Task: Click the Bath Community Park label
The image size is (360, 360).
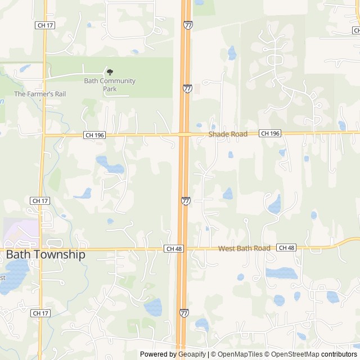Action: [x=110, y=84]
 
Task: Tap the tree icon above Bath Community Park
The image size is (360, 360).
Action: [x=110, y=72]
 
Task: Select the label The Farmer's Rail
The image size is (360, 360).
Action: [x=40, y=94]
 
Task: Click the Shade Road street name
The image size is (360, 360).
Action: [x=228, y=134]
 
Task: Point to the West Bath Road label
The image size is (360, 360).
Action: [x=244, y=248]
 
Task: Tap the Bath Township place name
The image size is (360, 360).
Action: [x=46, y=254]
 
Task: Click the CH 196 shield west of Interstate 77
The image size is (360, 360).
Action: [x=94, y=135]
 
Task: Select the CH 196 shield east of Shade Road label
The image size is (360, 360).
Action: [x=270, y=133]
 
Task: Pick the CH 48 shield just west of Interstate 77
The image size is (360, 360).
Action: [x=174, y=248]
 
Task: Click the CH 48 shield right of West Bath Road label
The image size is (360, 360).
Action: [x=286, y=247]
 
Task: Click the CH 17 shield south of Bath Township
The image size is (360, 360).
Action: [x=40, y=313]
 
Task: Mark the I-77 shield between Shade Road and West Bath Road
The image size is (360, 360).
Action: [x=186, y=200]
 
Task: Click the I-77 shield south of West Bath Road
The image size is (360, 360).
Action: [x=184, y=312]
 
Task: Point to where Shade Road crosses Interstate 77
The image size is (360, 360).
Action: [x=184, y=134]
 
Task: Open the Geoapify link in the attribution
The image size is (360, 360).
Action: [x=192, y=354]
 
